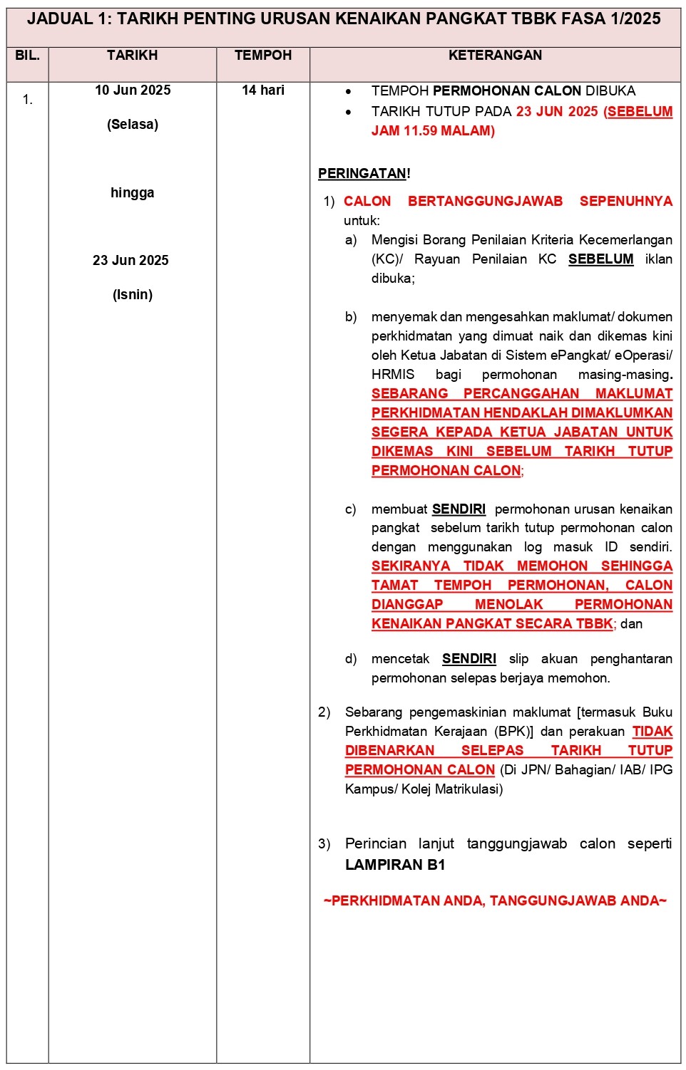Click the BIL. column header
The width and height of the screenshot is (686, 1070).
[x=27, y=56]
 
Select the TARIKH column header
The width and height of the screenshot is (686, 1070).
[x=132, y=56]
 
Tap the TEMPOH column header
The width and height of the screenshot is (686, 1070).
[x=263, y=56]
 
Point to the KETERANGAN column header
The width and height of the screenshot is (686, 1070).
[x=495, y=56]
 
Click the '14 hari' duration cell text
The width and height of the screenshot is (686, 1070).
[x=263, y=90]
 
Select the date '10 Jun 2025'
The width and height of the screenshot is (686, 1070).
[x=133, y=90]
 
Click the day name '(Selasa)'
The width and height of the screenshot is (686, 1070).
[x=133, y=125]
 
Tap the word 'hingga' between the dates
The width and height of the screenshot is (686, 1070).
[x=132, y=193]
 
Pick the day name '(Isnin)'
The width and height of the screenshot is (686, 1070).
[x=133, y=295]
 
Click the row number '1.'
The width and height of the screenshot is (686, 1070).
[x=28, y=100]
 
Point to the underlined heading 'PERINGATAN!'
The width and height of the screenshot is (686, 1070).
[x=364, y=174]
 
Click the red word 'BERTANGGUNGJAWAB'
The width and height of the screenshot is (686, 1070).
[x=485, y=202]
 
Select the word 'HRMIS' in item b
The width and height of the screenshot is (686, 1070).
[x=392, y=375]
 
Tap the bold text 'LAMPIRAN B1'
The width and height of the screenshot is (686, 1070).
[x=395, y=865]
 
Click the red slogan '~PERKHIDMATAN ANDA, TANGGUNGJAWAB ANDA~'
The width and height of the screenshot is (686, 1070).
[x=495, y=901]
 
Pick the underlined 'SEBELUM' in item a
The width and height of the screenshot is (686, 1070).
[x=600, y=259]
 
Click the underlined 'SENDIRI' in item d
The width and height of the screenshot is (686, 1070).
[x=469, y=659]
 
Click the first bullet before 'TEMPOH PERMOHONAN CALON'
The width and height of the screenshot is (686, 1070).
[x=348, y=92]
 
